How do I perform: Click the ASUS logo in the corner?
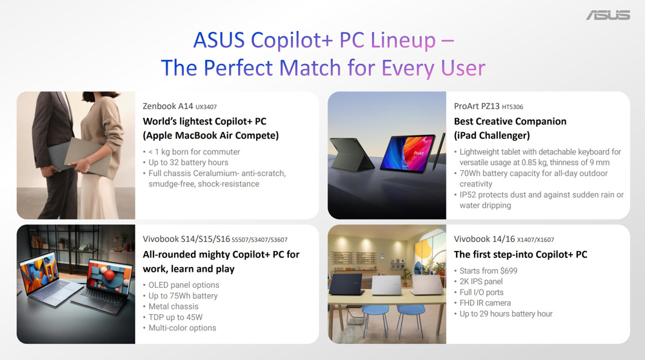[608, 15]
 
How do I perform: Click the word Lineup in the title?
[403, 41]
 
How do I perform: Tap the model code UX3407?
[206, 107]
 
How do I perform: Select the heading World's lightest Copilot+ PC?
[204, 121]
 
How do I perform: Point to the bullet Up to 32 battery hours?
[188, 163]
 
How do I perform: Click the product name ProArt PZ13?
[477, 106]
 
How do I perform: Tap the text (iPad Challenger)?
[491, 135]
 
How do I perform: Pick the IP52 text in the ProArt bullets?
[468, 195]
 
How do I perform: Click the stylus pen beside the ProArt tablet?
[439, 152]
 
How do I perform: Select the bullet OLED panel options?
[183, 285]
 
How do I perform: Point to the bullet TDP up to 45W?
[175, 317]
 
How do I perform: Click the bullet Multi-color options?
[183, 328]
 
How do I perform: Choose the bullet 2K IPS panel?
[481, 281]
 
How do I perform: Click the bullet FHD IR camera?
[485, 303]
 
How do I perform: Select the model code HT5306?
[512, 107]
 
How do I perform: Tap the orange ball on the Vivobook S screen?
[109, 274]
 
